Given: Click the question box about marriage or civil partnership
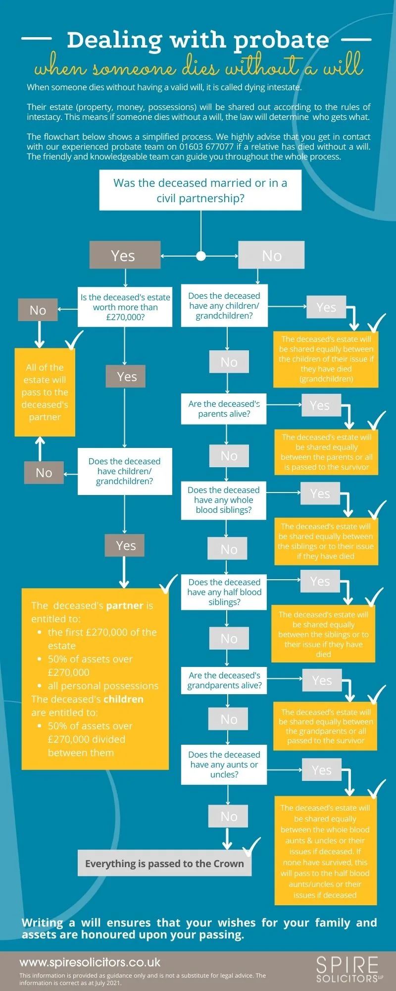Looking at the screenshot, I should [x=200, y=190].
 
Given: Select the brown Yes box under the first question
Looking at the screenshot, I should [x=125, y=255].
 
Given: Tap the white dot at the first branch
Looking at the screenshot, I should [x=200, y=256].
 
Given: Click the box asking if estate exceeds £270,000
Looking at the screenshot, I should [x=125, y=307].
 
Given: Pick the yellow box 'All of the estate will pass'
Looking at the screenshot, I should [x=45, y=391].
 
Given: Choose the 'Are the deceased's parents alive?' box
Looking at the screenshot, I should [x=224, y=409].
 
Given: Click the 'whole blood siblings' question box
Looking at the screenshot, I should [x=224, y=500].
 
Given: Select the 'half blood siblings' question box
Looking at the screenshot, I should [x=224, y=592].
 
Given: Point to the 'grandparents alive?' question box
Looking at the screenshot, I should [x=224, y=680].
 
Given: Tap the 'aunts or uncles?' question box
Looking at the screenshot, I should [x=224, y=765].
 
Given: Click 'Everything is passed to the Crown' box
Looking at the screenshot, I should [x=164, y=864].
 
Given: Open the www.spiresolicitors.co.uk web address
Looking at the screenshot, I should [x=90, y=962].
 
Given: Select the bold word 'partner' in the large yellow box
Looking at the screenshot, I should [x=125, y=606].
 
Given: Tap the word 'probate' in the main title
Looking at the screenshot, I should [x=281, y=40].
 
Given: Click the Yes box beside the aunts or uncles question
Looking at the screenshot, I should [x=322, y=770].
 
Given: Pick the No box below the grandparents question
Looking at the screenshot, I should [x=229, y=719].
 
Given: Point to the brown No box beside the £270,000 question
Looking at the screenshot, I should [x=38, y=310].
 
